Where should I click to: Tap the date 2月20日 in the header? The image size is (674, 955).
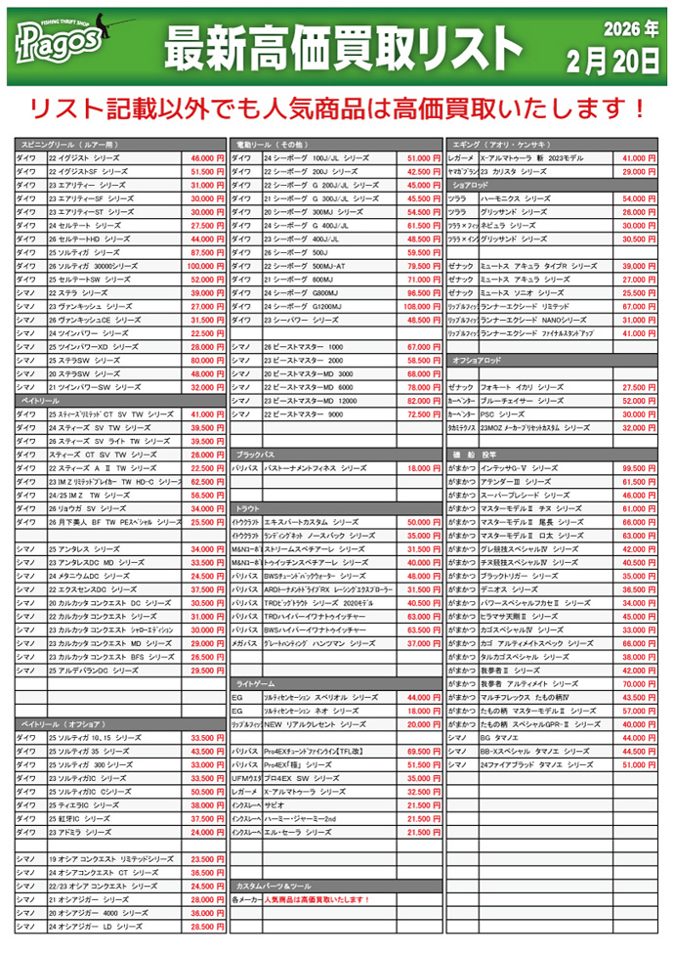(x=611, y=60)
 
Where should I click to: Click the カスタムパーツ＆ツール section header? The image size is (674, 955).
(x=274, y=886)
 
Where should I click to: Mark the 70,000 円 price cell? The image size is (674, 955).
(x=639, y=684)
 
